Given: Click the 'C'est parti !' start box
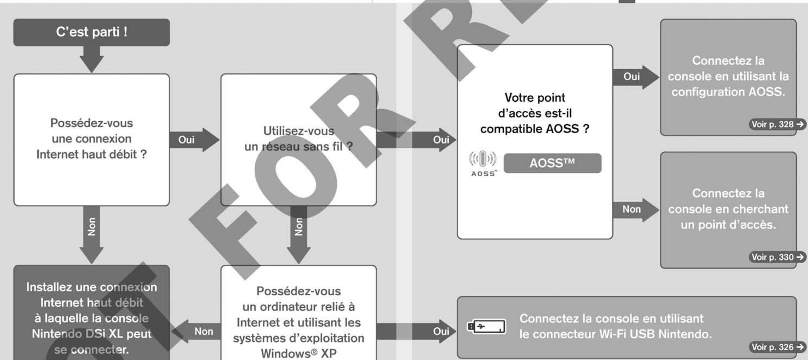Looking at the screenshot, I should tap(91, 32).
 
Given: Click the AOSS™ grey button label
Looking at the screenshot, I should tap(552, 163).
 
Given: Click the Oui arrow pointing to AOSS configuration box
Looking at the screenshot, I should tap(635, 77).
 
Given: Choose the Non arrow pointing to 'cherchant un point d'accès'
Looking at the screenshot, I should tap(635, 209).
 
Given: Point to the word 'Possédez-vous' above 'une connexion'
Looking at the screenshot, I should tap(91, 123).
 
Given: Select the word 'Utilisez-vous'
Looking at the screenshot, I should tap(299, 131).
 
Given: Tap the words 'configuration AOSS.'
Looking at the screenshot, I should tap(728, 92).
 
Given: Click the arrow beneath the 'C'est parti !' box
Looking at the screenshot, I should tap(91, 60).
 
